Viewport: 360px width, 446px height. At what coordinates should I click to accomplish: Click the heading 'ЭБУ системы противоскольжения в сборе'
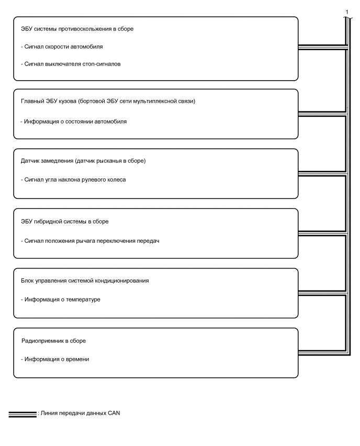pyautogui.click(x=76, y=29)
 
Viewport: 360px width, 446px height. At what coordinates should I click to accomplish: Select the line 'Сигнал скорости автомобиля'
pyautogui.click(x=62, y=47)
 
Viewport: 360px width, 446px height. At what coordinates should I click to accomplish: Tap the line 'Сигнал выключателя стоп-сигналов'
pyautogui.click(x=72, y=64)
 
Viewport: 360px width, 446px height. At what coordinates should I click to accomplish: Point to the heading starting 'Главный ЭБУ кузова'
pyautogui.click(x=108, y=101)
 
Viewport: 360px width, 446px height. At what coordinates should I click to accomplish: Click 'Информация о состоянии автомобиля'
pyautogui.click(x=74, y=121)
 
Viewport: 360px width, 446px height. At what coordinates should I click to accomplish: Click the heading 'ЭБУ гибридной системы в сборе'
pyautogui.click(x=65, y=221)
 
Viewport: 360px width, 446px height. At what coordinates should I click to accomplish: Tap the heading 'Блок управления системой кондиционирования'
pyautogui.click(x=85, y=281)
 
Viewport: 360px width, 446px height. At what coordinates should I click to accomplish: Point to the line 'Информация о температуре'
pyautogui.click(x=61, y=300)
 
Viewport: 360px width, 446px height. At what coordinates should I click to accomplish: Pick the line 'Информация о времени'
pyautogui.click(x=55, y=359)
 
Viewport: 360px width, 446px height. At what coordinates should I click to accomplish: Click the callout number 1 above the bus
pyautogui.click(x=346, y=12)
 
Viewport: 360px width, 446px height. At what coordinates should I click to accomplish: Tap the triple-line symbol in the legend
pyautogui.click(x=22, y=414)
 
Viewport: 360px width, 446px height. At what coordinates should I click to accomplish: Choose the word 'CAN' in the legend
pyautogui.click(x=114, y=414)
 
